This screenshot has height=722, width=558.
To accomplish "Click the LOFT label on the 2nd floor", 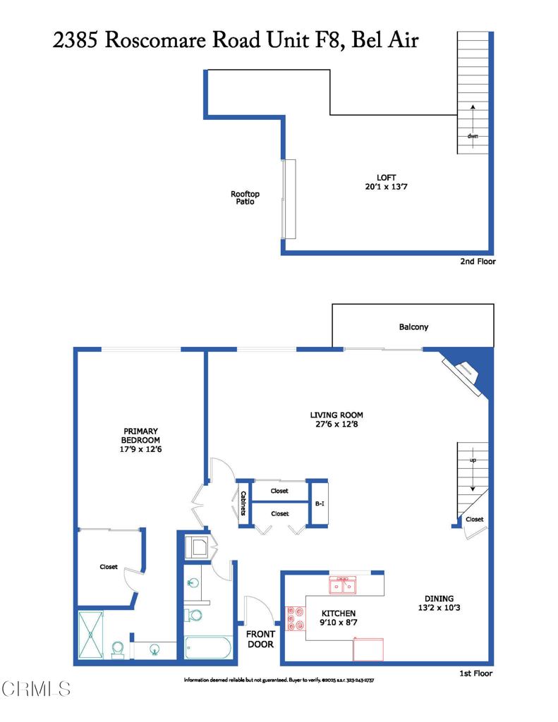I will (x=373, y=182).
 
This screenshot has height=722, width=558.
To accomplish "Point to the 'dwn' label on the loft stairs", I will (x=472, y=135).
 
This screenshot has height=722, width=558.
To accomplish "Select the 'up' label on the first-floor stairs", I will (x=473, y=460).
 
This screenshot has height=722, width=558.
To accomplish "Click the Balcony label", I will (x=413, y=327).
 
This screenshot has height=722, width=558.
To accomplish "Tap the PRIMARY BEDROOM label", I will (x=141, y=439).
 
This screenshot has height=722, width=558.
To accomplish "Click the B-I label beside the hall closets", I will (x=319, y=504).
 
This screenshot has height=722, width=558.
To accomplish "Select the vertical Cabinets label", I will (x=243, y=503).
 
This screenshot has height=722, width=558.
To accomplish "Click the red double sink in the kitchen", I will (x=344, y=585).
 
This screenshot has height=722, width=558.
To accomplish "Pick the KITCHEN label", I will (x=339, y=618).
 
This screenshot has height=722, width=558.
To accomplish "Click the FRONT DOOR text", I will (x=260, y=639).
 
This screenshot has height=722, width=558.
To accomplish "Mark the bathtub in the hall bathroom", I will (x=207, y=647).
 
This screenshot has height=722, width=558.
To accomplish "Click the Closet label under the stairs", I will (x=475, y=520).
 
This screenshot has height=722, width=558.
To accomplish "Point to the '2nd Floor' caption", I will (x=478, y=262).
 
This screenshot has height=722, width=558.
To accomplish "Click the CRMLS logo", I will (x=37, y=688).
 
